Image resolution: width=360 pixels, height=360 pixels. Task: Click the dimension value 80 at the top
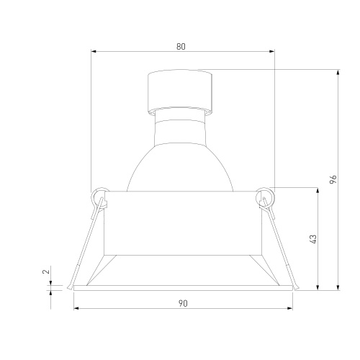(181, 46)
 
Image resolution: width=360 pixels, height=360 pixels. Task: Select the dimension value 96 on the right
(333, 179)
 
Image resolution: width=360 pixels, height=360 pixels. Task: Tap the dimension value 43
(313, 239)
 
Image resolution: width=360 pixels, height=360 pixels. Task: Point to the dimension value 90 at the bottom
(183, 304)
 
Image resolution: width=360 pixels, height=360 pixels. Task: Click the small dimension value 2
(46, 271)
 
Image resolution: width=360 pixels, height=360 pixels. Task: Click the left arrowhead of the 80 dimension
(94, 51)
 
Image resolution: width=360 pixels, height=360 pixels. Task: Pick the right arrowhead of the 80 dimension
(272, 51)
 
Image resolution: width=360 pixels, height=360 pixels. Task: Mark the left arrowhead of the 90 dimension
(76, 308)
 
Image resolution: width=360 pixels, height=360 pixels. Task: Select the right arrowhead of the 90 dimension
(290, 308)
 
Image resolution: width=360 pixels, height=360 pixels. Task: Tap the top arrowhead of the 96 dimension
(338, 72)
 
